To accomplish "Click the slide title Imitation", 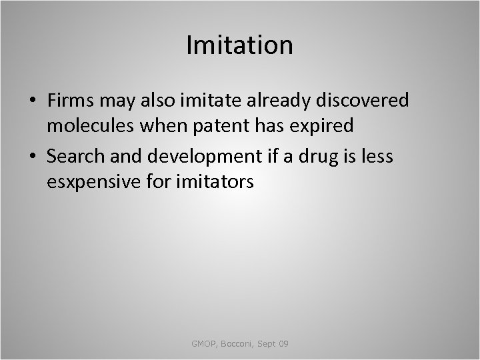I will [240, 45].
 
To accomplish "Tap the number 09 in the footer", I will [283, 343].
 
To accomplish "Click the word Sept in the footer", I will [267, 343].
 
